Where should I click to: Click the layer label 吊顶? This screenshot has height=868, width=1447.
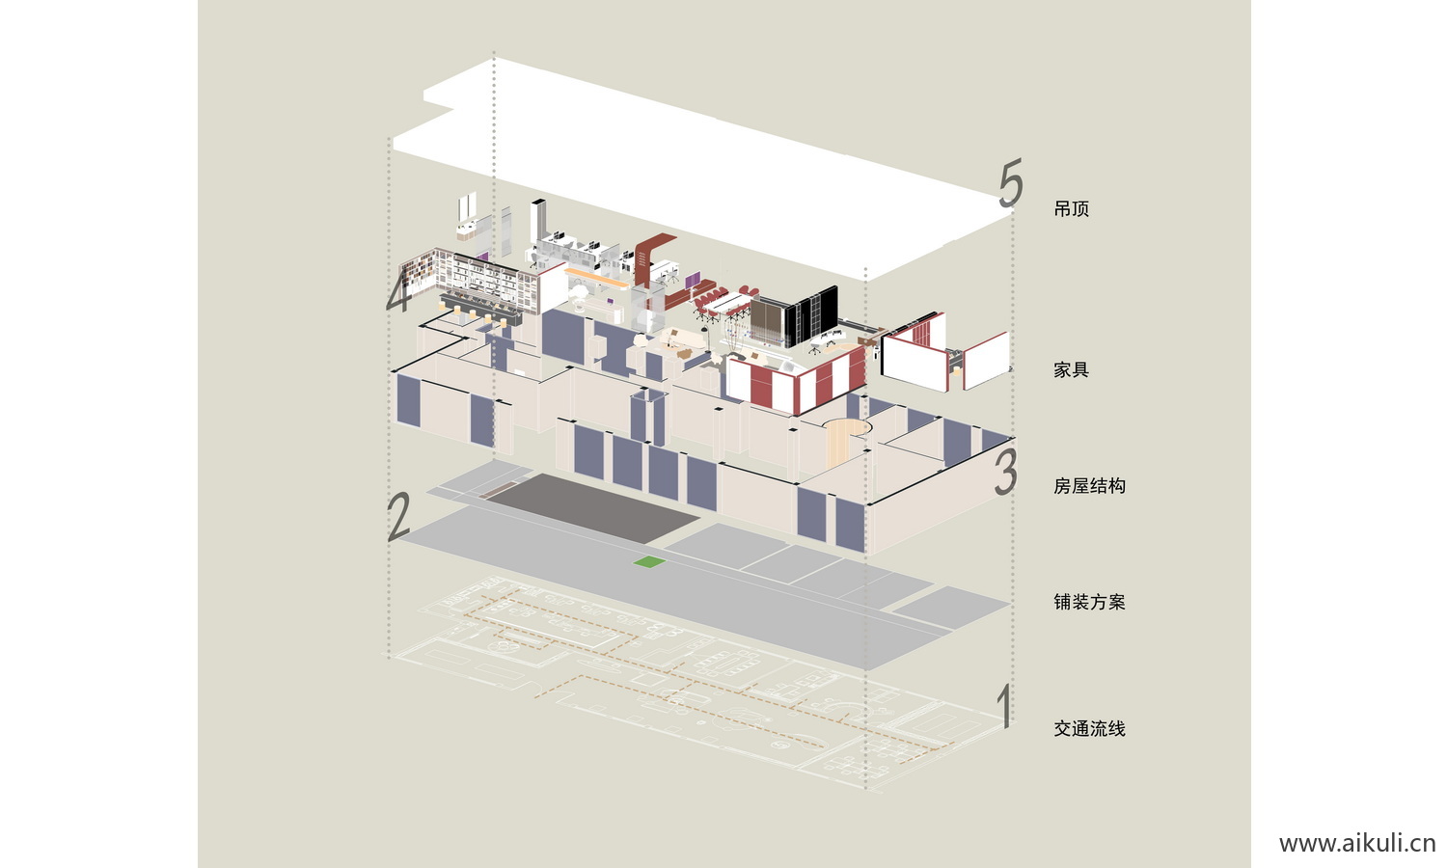click(x=1071, y=209)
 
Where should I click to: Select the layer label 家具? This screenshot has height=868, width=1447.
click(x=1071, y=370)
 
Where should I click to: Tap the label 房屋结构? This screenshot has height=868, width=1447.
click(x=1089, y=486)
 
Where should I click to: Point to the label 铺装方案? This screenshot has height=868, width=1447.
click(x=1089, y=602)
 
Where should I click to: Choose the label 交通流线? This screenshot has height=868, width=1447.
click(x=1089, y=729)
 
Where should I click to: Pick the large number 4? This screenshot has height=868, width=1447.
click(x=398, y=291)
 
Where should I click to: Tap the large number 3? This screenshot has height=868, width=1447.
click(x=1006, y=472)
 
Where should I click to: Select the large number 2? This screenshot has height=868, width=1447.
click(x=398, y=517)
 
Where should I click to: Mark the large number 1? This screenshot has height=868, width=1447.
click(x=1004, y=707)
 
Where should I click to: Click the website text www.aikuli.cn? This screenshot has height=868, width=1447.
click(x=1356, y=844)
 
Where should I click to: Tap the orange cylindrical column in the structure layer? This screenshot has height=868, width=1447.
click(x=841, y=442)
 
